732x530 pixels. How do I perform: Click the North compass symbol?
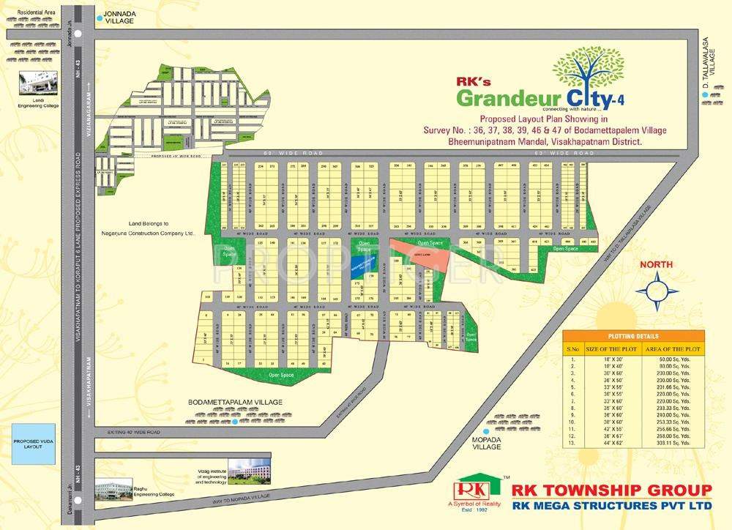click(x=658, y=290)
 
